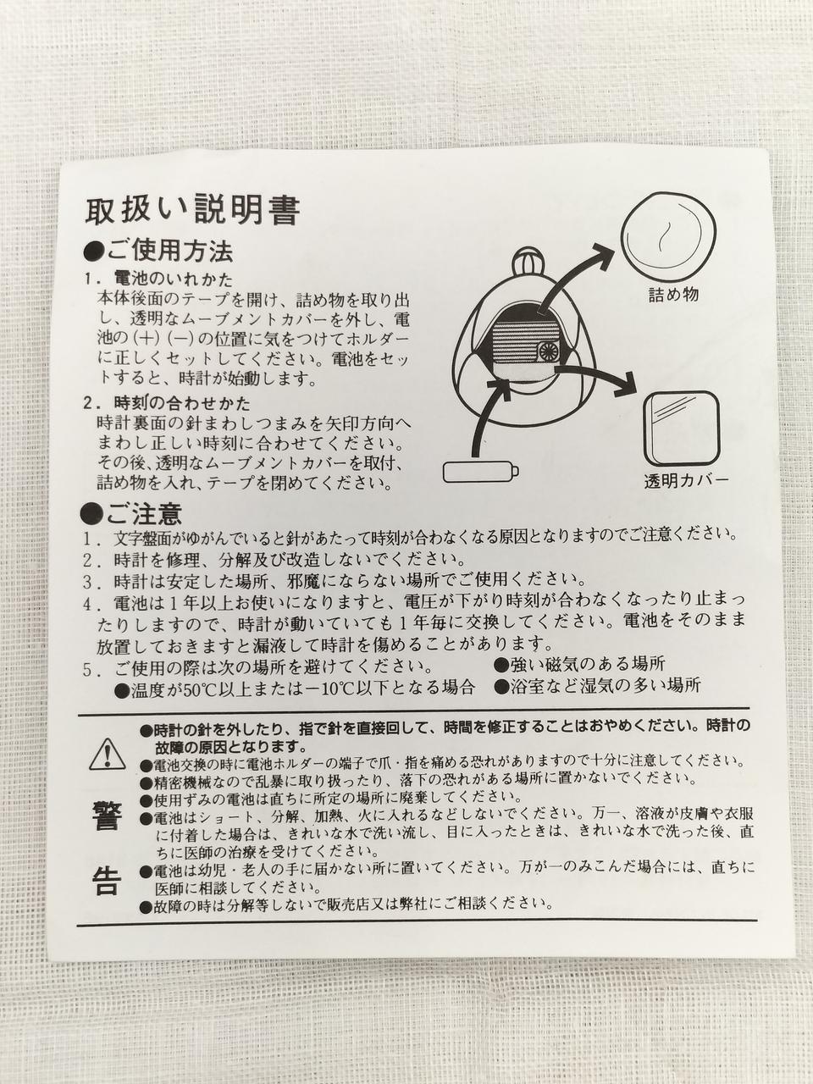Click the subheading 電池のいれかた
click(x=174, y=279)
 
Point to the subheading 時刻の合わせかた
click(x=182, y=403)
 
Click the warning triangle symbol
click(x=107, y=754)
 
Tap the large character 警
click(x=107, y=817)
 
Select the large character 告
click(x=107, y=882)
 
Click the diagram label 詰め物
click(x=673, y=295)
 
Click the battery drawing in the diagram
click(x=481, y=472)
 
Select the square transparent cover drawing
click(x=682, y=428)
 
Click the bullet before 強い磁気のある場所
click(x=501, y=665)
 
